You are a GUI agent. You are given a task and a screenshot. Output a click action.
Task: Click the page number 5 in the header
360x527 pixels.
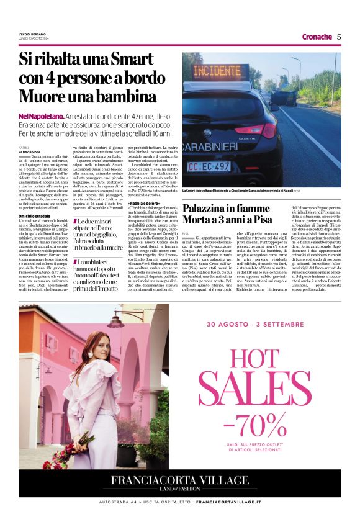click(339, 37)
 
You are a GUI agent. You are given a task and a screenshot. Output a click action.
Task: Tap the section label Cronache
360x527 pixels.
click(317, 37)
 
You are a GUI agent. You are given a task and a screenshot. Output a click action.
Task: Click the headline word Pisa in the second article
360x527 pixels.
click(259, 220)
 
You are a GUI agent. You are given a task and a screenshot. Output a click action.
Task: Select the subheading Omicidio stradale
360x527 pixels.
click(36, 216)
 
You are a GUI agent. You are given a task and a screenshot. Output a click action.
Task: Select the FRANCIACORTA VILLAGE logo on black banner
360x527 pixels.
click(179, 482)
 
